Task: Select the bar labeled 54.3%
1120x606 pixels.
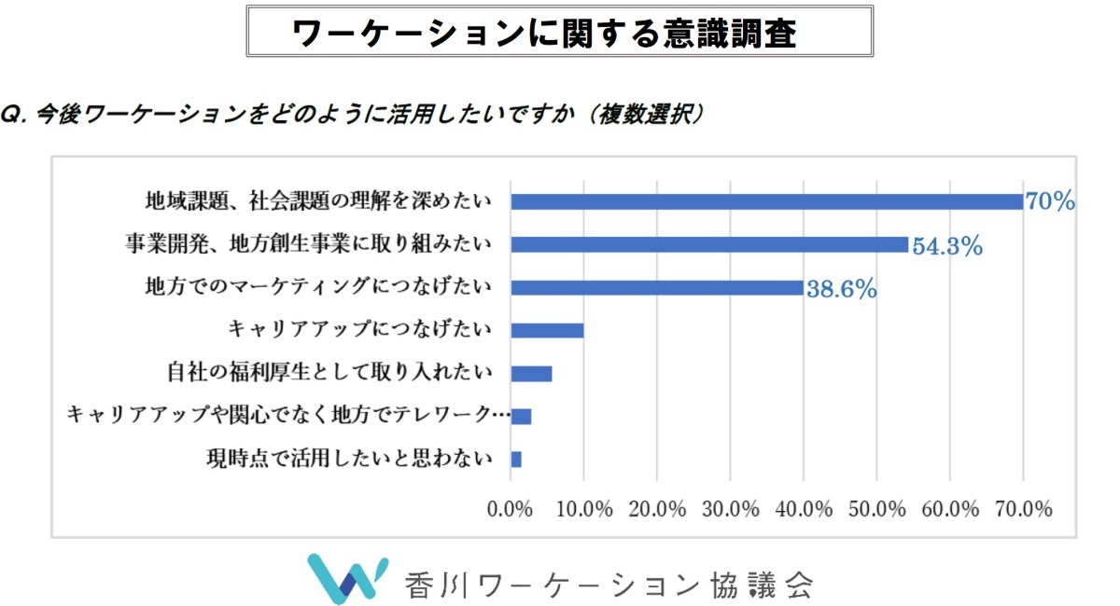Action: pos(709,244)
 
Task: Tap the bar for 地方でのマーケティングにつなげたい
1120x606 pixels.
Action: pos(657,287)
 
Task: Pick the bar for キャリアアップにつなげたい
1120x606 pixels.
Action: pos(547,330)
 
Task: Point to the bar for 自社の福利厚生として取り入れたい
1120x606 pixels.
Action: pos(531,373)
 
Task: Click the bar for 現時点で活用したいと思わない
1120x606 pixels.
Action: pos(516,459)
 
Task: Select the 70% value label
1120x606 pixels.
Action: pos(1050,201)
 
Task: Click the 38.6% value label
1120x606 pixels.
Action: pos(841,289)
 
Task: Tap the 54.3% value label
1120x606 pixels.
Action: pos(946,246)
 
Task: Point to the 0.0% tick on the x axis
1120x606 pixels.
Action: pos(511,509)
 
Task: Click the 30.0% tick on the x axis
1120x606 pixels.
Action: pos(731,509)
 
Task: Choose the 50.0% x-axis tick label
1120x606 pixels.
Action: pos(877,509)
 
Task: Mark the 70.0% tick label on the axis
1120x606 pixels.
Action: pos(1024,509)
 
